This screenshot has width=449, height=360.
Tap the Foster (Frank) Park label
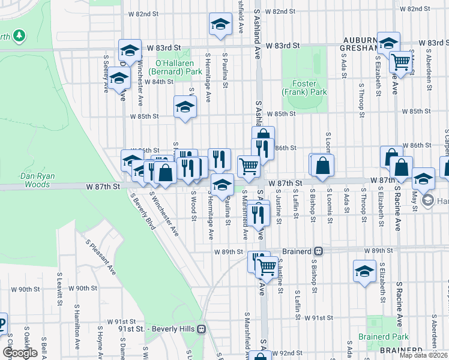pos(305,88)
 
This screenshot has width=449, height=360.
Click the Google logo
pos(20,352)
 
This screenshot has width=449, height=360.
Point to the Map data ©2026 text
pos(423,355)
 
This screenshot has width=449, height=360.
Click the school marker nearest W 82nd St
pos(220,25)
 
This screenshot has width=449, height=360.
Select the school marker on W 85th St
pos(185,107)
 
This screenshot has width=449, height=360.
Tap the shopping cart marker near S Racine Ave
pos(400,61)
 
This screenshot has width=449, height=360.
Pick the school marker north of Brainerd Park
pos(364,271)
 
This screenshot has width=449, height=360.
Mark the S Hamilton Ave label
pos(77,335)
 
